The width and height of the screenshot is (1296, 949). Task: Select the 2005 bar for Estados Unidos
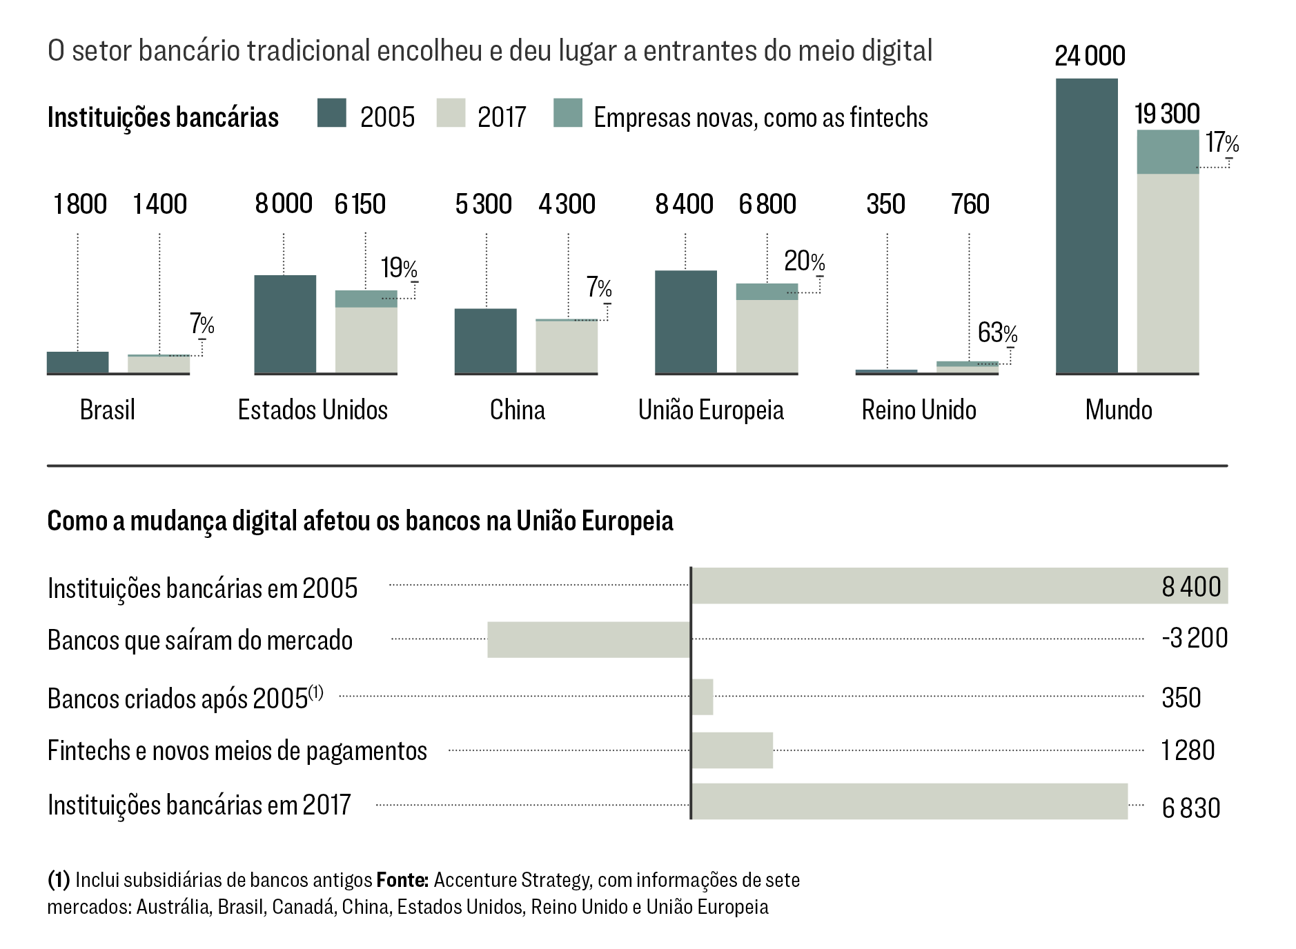point(285,324)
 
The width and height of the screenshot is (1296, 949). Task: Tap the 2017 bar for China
point(567,347)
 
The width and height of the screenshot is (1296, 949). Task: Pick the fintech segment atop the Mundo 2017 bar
point(1168,152)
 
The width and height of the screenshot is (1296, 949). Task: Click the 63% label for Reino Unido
point(997,333)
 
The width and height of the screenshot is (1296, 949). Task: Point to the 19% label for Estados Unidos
point(399,268)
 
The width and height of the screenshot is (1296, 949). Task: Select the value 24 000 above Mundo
point(1090,56)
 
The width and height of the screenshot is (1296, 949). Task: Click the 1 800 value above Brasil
point(80,204)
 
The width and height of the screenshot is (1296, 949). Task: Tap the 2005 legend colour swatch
point(331,114)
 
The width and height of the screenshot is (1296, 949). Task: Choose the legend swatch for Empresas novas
point(567,114)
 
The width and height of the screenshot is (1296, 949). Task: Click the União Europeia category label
point(711,410)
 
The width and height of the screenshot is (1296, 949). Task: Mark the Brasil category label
point(107,410)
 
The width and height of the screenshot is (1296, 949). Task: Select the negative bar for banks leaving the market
point(589,639)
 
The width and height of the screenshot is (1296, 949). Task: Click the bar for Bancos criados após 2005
point(703,697)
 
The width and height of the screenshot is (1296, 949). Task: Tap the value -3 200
point(1194,638)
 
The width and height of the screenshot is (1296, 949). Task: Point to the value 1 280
point(1188,750)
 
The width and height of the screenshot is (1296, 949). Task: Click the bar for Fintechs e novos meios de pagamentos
point(732,750)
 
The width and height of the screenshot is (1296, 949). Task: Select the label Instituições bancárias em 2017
point(199,805)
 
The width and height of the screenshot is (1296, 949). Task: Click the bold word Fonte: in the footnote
point(402,880)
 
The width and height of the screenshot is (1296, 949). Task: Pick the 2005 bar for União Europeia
point(685,321)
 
